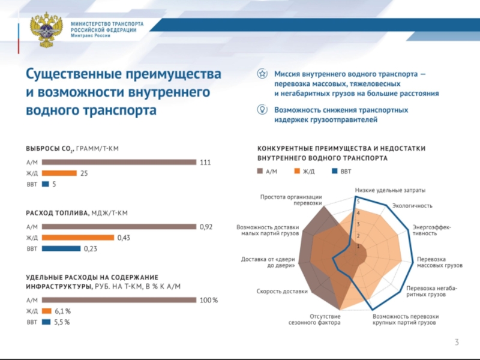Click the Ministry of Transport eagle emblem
[x=46, y=29]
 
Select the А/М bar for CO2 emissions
[x=119, y=162]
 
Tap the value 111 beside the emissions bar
[x=206, y=162]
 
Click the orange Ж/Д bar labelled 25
[x=59, y=173]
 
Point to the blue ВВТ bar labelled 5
[x=45, y=184]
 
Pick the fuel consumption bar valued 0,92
[x=119, y=227]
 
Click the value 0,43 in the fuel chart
[x=124, y=238]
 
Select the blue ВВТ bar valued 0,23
[x=61, y=248]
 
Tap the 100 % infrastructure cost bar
[x=119, y=300]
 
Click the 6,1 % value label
[x=63, y=311]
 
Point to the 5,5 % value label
[x=62, y=322]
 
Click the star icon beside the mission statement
[x=262, y=74]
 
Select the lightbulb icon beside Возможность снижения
[x=262, y=109]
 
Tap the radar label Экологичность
[x=412, y=206]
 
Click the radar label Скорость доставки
[x=282, y=292]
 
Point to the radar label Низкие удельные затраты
[x=390, y=190]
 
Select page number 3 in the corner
[x=457, y=343]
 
